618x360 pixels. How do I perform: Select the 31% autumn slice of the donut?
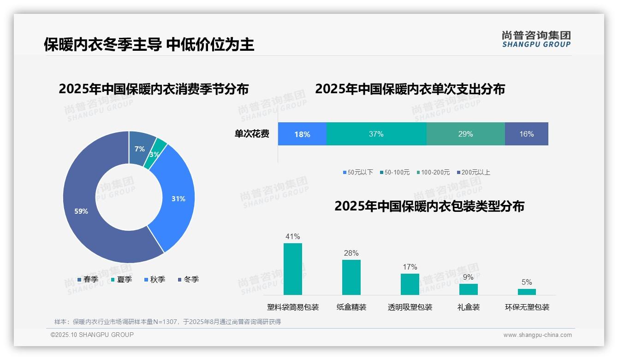click(178, 198)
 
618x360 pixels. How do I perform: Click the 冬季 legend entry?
click(188, 279)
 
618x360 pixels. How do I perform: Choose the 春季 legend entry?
click(88, 279)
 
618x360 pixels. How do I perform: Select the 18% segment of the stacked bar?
click(302, 134)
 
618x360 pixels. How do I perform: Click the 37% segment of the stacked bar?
click(376, 134)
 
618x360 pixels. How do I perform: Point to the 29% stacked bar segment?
click(465, 134)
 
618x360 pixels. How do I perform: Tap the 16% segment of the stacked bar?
click(526, 134)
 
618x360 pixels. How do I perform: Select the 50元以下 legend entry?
click(358, 172)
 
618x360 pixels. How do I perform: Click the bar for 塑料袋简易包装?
click(292, 269)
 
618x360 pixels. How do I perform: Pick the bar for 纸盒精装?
click(351, 277)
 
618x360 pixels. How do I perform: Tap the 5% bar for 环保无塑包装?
click(527, 292)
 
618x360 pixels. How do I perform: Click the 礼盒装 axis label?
click(468, 307)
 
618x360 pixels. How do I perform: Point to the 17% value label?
click(410, 267)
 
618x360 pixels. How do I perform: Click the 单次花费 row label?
click(252, 134)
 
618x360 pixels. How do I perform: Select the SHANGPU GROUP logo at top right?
click(536, 39)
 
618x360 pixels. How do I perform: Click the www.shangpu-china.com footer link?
click(537, 335)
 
